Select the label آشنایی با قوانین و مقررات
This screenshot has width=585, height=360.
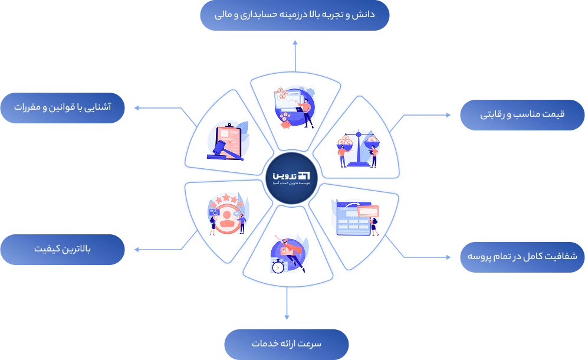click(x=63, y=108)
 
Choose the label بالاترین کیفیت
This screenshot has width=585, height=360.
click(x=63, y=248)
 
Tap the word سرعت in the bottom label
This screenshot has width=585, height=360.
click(x=310, y=343)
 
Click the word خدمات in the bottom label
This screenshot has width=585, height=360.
click(x=264, y=343)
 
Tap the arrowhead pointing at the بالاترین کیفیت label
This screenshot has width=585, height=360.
click(x=136, y=250)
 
